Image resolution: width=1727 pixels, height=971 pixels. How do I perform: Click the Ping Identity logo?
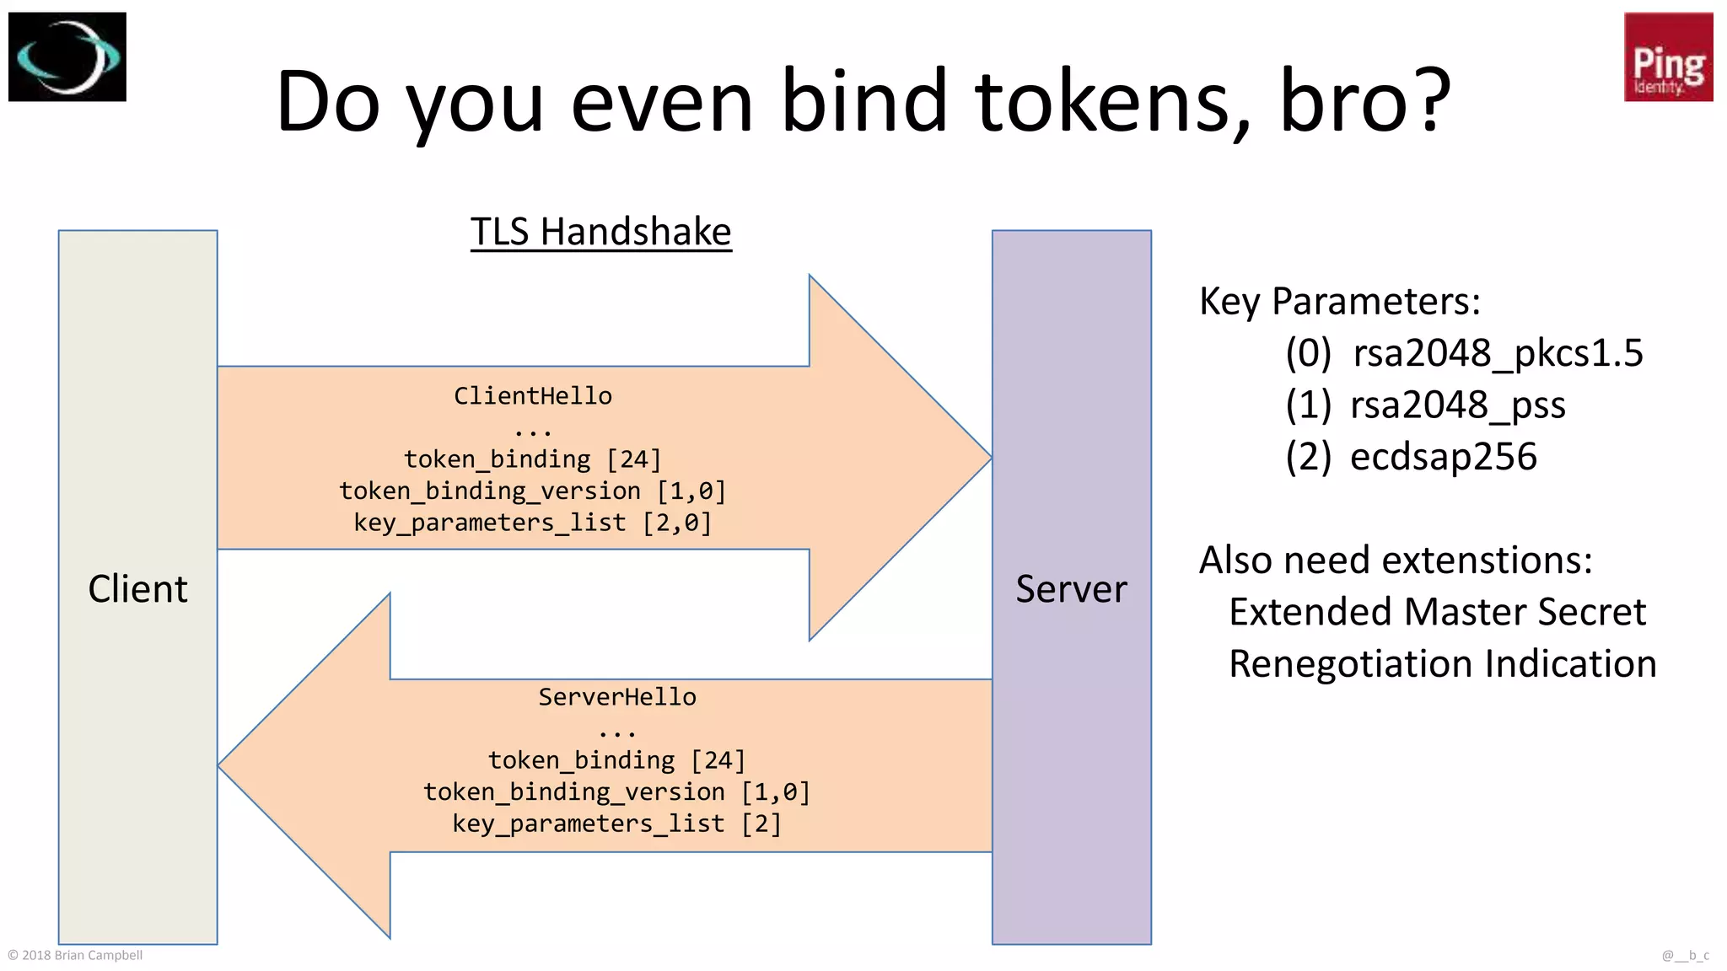click(1668, 57)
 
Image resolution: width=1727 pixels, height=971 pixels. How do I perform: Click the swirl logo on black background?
click(67, 57)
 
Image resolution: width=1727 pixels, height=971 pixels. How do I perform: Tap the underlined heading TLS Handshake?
click(600, 232)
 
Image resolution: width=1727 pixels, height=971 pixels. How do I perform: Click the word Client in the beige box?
click(137, 588)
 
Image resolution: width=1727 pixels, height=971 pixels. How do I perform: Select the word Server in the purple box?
click(1071, 588)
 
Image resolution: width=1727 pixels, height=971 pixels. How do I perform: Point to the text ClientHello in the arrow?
click(533, 396)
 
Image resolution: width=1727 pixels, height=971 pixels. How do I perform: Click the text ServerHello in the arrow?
click(617, 697)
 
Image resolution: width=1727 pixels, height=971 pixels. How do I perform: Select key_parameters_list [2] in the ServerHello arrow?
click(617, 823)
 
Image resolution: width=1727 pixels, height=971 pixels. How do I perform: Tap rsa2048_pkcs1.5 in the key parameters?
click(1498, 352)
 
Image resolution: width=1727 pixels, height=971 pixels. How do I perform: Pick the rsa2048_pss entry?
click(1457, 405)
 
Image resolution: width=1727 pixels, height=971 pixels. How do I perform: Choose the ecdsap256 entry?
click(1443, 457)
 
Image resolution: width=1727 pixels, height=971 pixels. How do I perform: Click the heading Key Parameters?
click(1339, 301)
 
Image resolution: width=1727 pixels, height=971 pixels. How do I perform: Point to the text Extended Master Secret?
click(1437, 612)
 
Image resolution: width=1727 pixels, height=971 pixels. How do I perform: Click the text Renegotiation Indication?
click(1442, 664)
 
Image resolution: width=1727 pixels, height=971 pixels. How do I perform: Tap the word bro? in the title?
click(1365, 101)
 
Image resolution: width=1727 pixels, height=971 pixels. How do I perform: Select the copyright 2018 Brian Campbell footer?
click(75, 955)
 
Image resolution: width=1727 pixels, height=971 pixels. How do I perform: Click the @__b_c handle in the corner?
click(1685, 955)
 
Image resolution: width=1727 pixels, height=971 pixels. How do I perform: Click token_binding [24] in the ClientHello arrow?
click(533, 459)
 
